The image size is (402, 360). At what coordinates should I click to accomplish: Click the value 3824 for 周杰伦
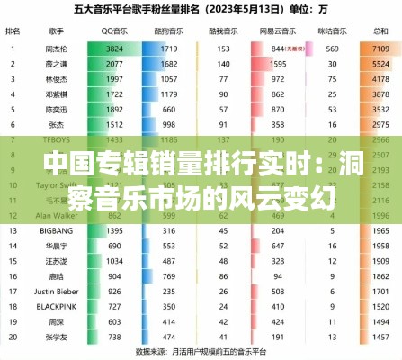pyautogui.click(x=114, y=48)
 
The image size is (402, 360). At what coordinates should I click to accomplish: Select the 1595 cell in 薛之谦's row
pyautogui.click(x=278, y=65)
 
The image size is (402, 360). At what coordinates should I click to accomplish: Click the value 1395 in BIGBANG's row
pyautogui.click(x=114, y=231)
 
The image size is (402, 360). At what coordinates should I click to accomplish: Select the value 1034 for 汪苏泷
pyautogui.click(x=114, y=261)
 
